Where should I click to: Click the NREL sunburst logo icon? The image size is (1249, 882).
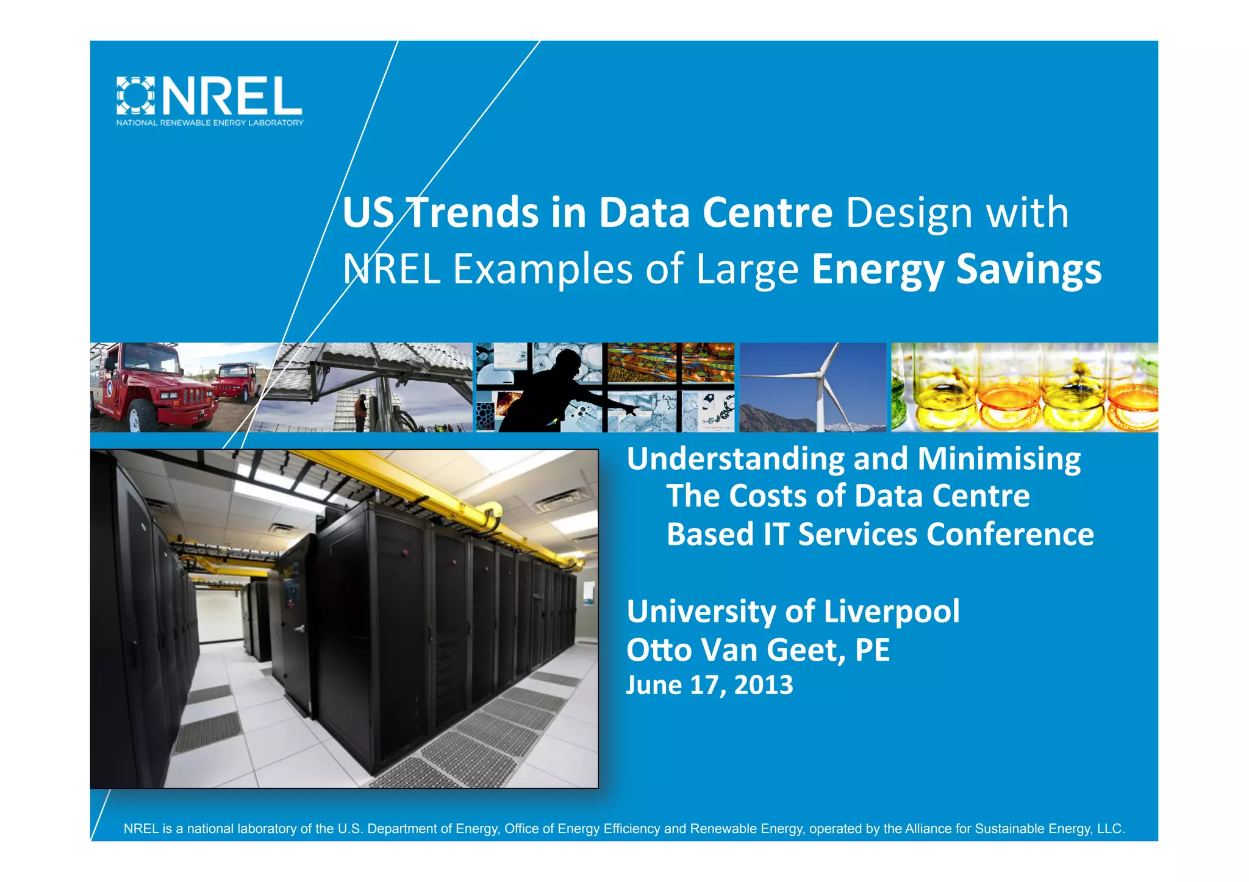click(135, 96)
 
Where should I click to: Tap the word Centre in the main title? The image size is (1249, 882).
click(767, 213)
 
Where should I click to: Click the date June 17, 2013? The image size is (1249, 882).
click(709, 685)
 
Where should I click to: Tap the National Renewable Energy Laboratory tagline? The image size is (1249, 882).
click(210, 123)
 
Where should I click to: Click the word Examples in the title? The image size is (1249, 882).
click(543, 269)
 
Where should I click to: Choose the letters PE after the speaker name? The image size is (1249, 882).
click(872, 650)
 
